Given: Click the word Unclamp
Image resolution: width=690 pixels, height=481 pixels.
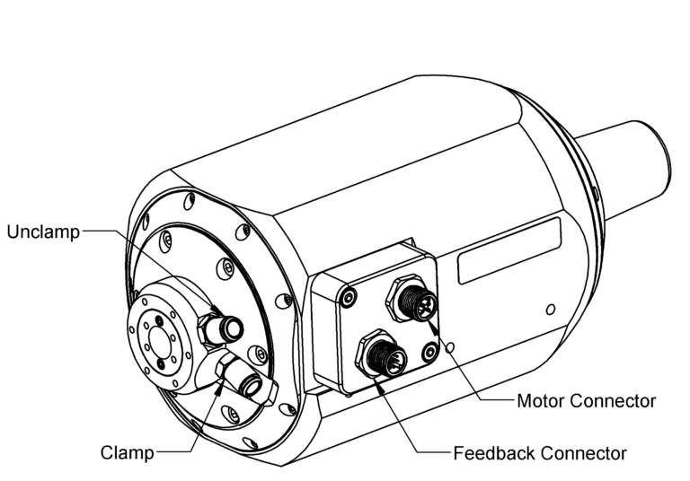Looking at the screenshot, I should (42, 232).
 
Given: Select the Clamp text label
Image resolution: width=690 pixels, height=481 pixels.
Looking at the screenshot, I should (126, 451).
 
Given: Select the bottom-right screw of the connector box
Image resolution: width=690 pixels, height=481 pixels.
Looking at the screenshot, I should (431, 353).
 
